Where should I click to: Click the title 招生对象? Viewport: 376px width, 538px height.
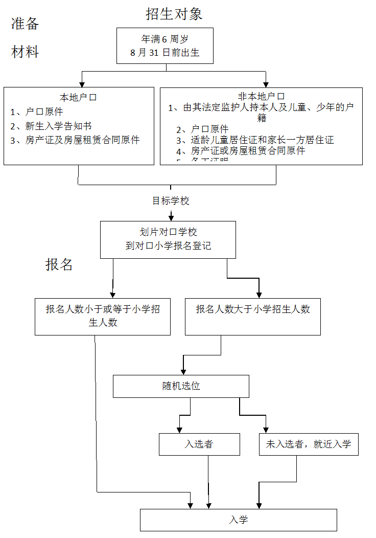[174, 14]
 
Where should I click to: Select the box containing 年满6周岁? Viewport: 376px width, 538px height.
[165, 46]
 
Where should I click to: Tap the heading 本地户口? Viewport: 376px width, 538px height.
[79, 97]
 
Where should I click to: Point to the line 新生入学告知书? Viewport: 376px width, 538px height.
[58, 126]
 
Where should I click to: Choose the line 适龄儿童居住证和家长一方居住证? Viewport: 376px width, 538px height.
[262, 140]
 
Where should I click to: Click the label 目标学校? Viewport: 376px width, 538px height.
[171, 201]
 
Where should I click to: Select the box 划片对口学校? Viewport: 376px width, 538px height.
[168, 239]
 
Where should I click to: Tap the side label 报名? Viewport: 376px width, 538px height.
[59, 264]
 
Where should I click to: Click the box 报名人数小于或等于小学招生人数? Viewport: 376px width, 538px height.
[102, 316]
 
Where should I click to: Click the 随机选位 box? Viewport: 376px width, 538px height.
[181, 386]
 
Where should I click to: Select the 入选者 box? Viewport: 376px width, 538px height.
[199, 444]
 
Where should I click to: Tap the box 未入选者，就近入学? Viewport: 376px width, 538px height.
[308, 444]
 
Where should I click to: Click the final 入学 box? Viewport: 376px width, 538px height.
[238, 520]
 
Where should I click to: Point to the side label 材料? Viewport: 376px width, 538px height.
[25, 52]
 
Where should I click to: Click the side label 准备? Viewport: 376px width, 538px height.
[25, 24]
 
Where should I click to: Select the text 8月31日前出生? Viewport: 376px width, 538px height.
[165, 52]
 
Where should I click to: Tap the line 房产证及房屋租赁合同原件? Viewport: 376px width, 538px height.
[82, 140]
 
